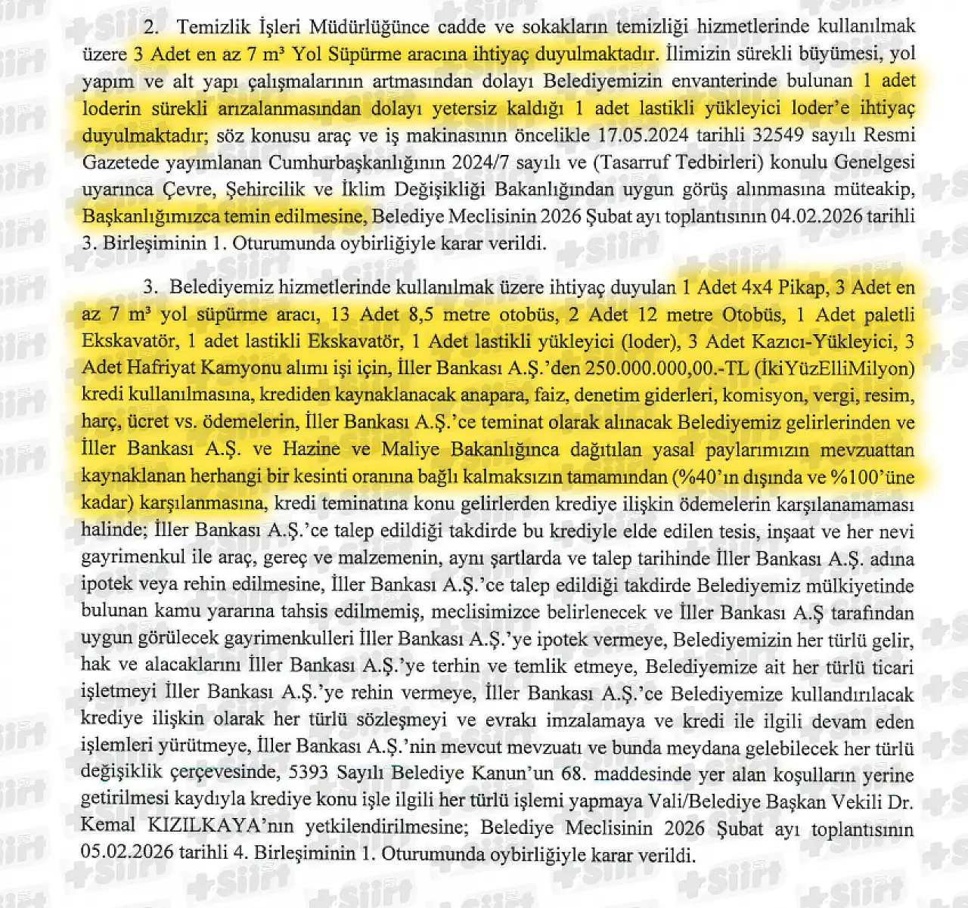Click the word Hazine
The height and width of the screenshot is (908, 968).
309,451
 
